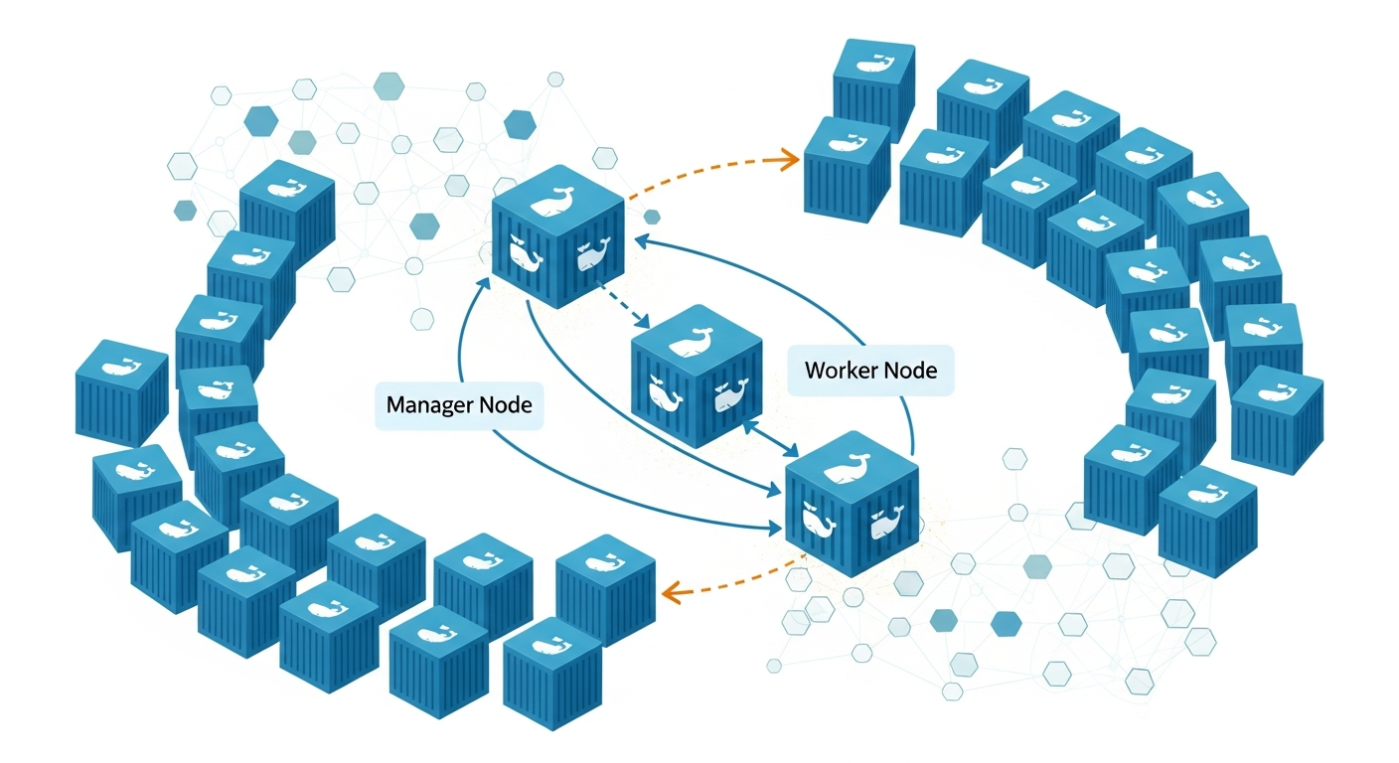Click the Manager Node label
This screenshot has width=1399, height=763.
click(459, 405)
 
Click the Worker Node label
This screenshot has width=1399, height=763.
click(870, 371)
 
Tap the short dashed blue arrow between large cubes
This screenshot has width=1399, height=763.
click(621, 303)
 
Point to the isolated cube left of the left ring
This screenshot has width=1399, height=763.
click(120, 392)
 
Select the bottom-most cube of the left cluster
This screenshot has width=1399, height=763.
click(552, 671)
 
